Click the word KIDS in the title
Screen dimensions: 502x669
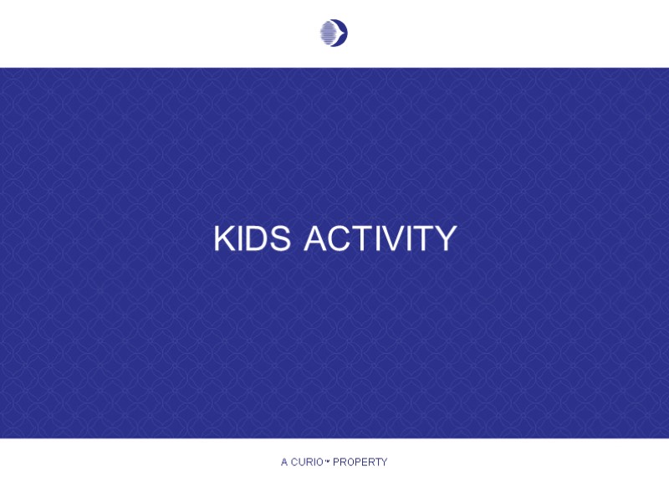252,238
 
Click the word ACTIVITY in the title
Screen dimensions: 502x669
380,238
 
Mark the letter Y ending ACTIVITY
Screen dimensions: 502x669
444,238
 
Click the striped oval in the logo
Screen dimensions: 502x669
329,33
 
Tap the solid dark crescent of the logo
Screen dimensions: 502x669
342,33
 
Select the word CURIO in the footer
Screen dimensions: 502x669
307,462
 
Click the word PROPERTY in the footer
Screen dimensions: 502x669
360,462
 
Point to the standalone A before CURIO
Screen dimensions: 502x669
284,462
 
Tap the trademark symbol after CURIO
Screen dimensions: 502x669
328,459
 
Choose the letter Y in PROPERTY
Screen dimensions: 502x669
384,462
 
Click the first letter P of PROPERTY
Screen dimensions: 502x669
336,462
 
